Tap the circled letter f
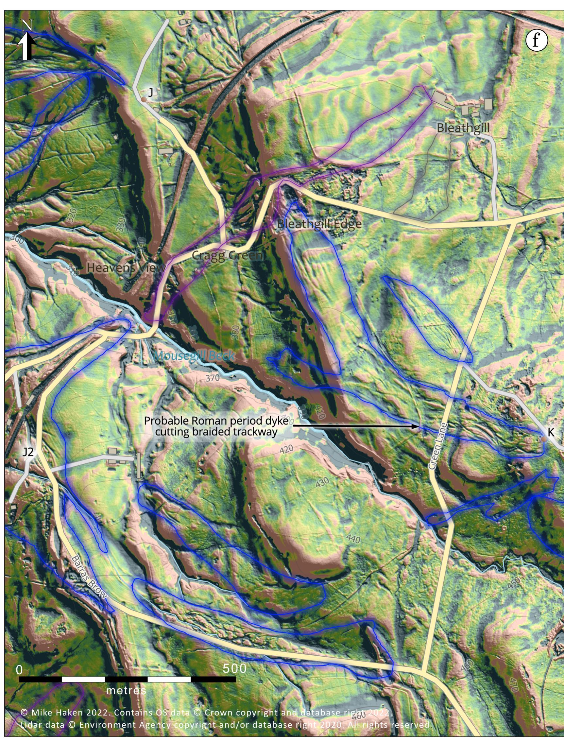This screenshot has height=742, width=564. (x=536, y=40)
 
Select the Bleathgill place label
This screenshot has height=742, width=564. (x=463, y=128)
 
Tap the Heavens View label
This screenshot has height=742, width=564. (x=126, y=267)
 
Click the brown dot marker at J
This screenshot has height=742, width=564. (x=143, y=99)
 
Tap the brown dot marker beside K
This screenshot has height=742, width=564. (x=543, y=439)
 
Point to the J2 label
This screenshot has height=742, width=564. (x=28, y=452)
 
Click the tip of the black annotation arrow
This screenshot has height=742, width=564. (x=418, y=427)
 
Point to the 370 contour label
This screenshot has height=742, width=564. (x=212, y=378)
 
